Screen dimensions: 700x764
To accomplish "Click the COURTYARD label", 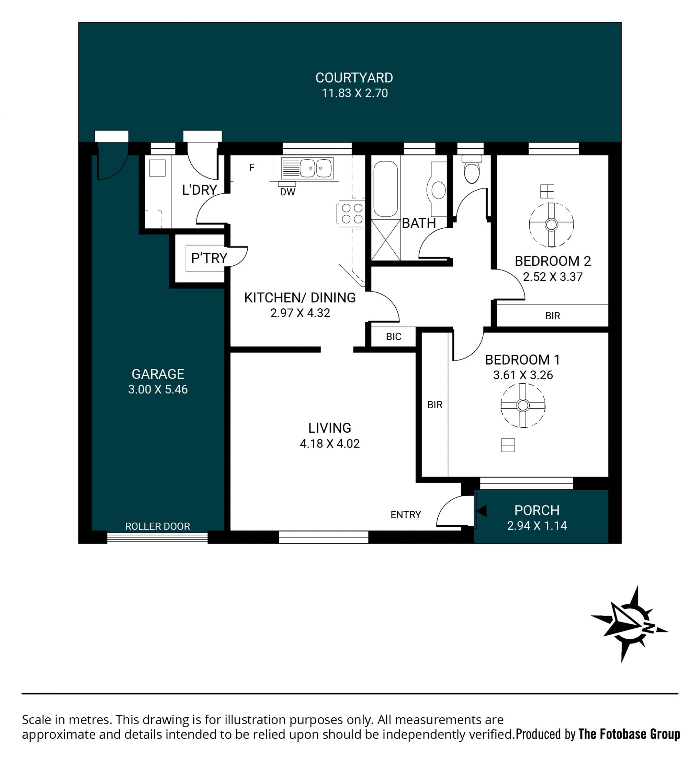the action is (x=354, y=78).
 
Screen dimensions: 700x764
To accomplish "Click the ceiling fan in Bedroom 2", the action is (x=551, y=225).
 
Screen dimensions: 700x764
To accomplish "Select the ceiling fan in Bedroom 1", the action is (x=523, y=405).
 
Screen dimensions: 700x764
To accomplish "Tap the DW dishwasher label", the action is (x=287, y=192).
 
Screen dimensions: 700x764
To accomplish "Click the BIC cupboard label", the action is (x=393, y=336).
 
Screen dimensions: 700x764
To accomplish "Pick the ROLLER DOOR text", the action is (x=157, y=526).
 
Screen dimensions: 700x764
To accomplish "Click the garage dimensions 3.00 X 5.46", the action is (x=157, y=389).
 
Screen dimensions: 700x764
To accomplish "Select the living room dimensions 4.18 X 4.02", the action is (x=329, y=443).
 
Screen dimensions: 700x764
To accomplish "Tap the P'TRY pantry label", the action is (x=209, y=258).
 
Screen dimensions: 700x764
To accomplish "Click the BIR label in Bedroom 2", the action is (x=552, y=316).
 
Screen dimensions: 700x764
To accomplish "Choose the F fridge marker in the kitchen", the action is (x=251, y=168).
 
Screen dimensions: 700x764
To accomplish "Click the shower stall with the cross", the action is (x=385, y=240).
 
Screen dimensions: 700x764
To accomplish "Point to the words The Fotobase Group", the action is (x=629, y=734).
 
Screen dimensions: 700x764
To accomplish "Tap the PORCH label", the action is (x=537, y=510).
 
